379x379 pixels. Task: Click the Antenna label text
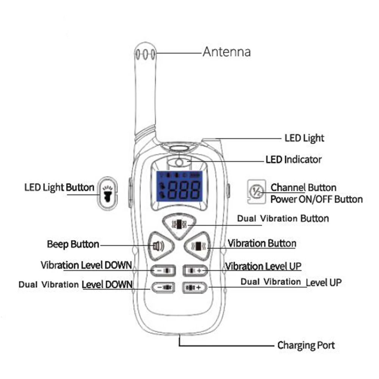[227, 51]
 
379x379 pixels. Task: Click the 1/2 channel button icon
[256, 192]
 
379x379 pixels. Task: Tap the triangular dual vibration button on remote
[179, 225]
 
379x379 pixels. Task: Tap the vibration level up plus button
[196, 270]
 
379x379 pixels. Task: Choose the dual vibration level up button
[195, 287]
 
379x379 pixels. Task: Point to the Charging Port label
[306, 345]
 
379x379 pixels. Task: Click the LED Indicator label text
[294, 160]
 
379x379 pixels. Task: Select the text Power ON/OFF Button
[316, 199]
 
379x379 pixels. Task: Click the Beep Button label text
[73, 244]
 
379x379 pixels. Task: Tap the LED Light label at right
[304, 138]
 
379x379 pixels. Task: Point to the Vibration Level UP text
[263, 266]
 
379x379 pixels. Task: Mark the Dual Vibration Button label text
[283, 219]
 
